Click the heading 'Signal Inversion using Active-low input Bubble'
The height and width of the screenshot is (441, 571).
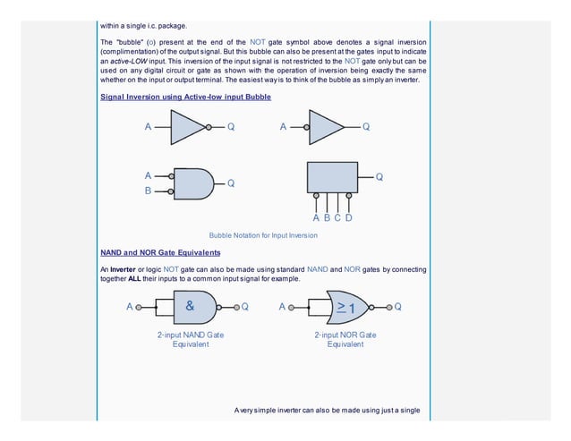tap(185, 96)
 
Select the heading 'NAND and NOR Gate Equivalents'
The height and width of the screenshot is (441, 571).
tap(160, 252)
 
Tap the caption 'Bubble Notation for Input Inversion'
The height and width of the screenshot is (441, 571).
tap(263, 235)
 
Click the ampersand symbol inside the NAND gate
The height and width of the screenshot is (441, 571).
tap(190, 306)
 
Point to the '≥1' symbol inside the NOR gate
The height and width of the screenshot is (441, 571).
tap(345, 307)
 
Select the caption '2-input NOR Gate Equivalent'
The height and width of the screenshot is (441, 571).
tap(345, 339)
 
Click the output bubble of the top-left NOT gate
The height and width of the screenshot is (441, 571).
tap(209, 127)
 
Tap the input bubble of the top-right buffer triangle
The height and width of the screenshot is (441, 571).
tap(306, 127)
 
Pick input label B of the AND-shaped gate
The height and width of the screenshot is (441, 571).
tap(149, 191)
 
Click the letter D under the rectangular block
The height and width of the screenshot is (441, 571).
tap(348, 217)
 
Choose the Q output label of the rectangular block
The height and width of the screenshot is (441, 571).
tap(379, 177)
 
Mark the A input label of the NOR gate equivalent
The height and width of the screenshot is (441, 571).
tap(282, 307)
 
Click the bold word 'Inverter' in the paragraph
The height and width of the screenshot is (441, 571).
tap(122, 269)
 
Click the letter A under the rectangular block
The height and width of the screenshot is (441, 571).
tap(316, 217)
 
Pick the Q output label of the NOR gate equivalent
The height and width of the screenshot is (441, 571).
tap(397, 307)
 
